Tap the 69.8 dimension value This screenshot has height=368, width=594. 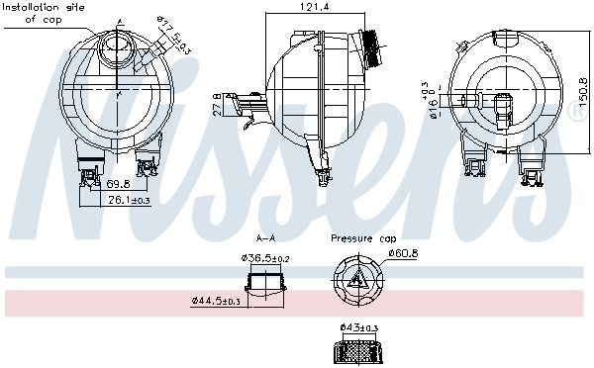pos(119,184)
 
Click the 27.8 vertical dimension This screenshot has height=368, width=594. pos(218,102)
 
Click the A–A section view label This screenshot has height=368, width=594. pos(265,238)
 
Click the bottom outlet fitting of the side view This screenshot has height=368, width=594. pos(325,175)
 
